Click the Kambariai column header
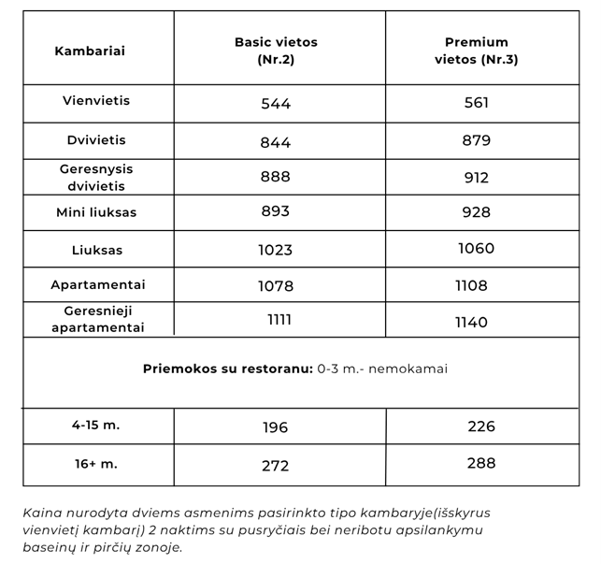tap(90, 51)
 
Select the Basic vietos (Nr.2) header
tap(276, 51)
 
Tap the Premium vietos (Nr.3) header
tap(476, 51)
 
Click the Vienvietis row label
tap(96, 100)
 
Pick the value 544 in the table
tap(276, 104)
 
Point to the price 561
tap(476, 103)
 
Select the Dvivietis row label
tap(96, 139)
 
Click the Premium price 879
tap(476, 140)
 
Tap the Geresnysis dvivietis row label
tap(96, 177)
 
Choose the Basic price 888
tap(276, 176)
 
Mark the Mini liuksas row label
tap(96, 212)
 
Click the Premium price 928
tap(476, 212)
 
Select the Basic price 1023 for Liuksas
tap(276, 250)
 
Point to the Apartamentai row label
tap(98, 284)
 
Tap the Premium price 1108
tap(472, 285)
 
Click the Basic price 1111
tap(279, 320)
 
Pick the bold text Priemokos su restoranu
tap(227, 369)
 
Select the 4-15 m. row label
tap(96, 425)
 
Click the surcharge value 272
tap(276, 466)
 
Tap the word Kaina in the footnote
tap(45, 513)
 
